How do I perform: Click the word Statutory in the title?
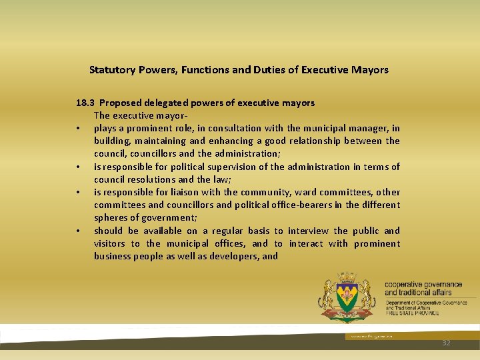pyautogui.click(x=113, y=69)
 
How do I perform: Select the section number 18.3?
pyautogui.click(x=85, y=103)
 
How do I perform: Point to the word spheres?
pyautogui.click(x=111, y=218)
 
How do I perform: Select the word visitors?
pyautogui.click(x=109, y=243)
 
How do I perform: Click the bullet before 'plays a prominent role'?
pyautogui.click(x=79, y=129)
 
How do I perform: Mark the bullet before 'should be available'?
pyautogui.click(x=79, y=231)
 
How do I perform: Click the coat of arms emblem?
pyautogui.click(x=347, y=298)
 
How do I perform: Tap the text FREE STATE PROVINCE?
pyautogui.click(x=412, y=313)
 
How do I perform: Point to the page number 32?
pyautogui.click(x=446, y=342)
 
